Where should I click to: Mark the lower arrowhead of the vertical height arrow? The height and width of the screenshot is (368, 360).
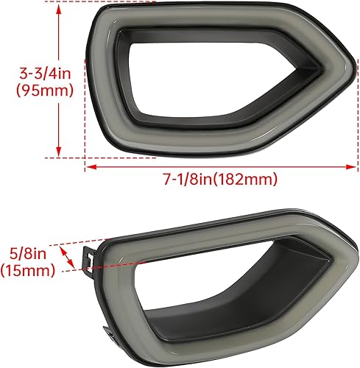pos(57,153)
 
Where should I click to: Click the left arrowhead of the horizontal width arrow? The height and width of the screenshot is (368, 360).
pos(90,166)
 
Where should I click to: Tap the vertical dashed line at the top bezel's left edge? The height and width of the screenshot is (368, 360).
pos(86,110)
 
